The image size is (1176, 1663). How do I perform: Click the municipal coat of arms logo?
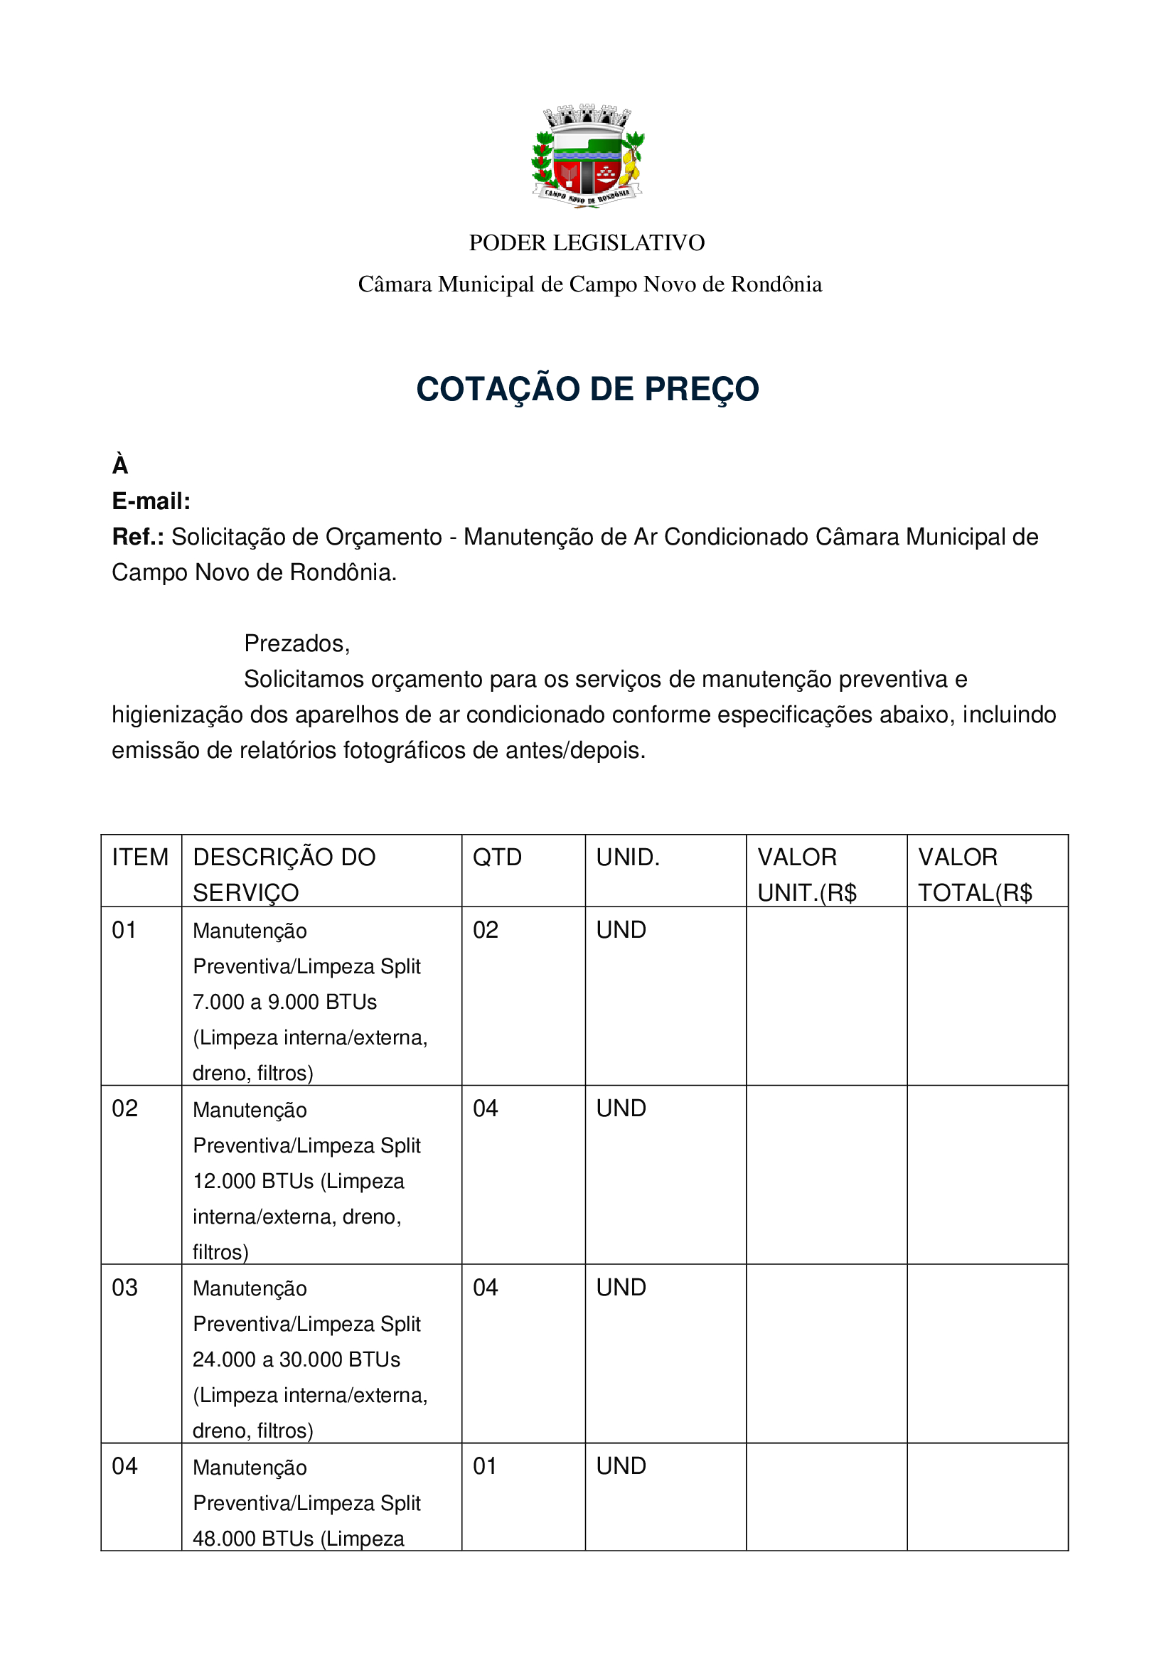click(x=587, y=156)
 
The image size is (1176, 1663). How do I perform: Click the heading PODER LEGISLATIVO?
click(x=587, y=242)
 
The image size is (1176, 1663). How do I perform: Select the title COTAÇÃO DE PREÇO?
click(x=587, y=389)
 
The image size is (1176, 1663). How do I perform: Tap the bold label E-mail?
click(x=151, y=501)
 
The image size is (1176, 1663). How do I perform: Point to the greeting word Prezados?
click(x=296, y=643)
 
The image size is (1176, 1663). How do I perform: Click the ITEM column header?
click(x=140, y=857)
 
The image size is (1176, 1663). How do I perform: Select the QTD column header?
click(x=497, y=857)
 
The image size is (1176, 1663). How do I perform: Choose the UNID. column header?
click(x=627, y=857)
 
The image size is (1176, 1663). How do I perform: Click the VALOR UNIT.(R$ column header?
click(x=807, y=875)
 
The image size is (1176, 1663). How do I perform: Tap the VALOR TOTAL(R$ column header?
click(x=975, y=875)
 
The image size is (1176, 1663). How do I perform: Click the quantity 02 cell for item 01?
click(x=485, y=930)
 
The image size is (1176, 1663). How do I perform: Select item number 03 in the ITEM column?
click(x=124, y=1288)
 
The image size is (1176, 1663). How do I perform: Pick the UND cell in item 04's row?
click(x=621, y=1466)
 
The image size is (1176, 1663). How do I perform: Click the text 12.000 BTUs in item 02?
click(x=252, y=1182)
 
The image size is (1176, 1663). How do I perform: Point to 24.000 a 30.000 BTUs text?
click(x=296, y=1359)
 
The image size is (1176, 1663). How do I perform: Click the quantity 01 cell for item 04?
click(x=485, y=1466)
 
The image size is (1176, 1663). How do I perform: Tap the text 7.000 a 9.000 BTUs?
click(x=284, y=1002)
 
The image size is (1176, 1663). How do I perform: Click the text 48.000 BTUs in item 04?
click(x=252, y=1539)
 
